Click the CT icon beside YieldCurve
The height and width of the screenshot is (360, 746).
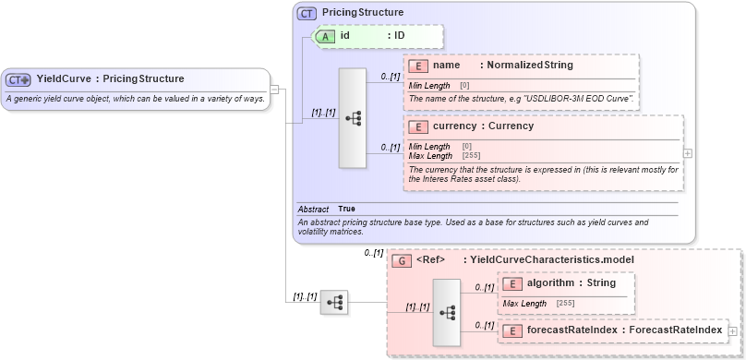(18, 79)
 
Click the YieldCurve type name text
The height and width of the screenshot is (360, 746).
(64, 79)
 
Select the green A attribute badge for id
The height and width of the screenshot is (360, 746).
(326, 36)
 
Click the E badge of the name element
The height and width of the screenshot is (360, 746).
(418, 66)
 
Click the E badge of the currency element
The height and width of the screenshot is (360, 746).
(418, 126)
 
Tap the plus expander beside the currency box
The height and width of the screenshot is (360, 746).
(687, 153)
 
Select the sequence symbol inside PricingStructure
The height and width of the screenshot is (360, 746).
(353, 118)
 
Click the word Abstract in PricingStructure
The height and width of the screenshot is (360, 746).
(313, 210)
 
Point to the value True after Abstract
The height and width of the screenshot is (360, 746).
(346, 210)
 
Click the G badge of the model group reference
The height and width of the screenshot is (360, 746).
(401, 260)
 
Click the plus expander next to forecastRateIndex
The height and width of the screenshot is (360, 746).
(733, 330)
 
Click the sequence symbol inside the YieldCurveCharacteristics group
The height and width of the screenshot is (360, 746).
(447, 313)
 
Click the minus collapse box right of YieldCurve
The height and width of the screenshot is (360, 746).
(274, 90)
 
